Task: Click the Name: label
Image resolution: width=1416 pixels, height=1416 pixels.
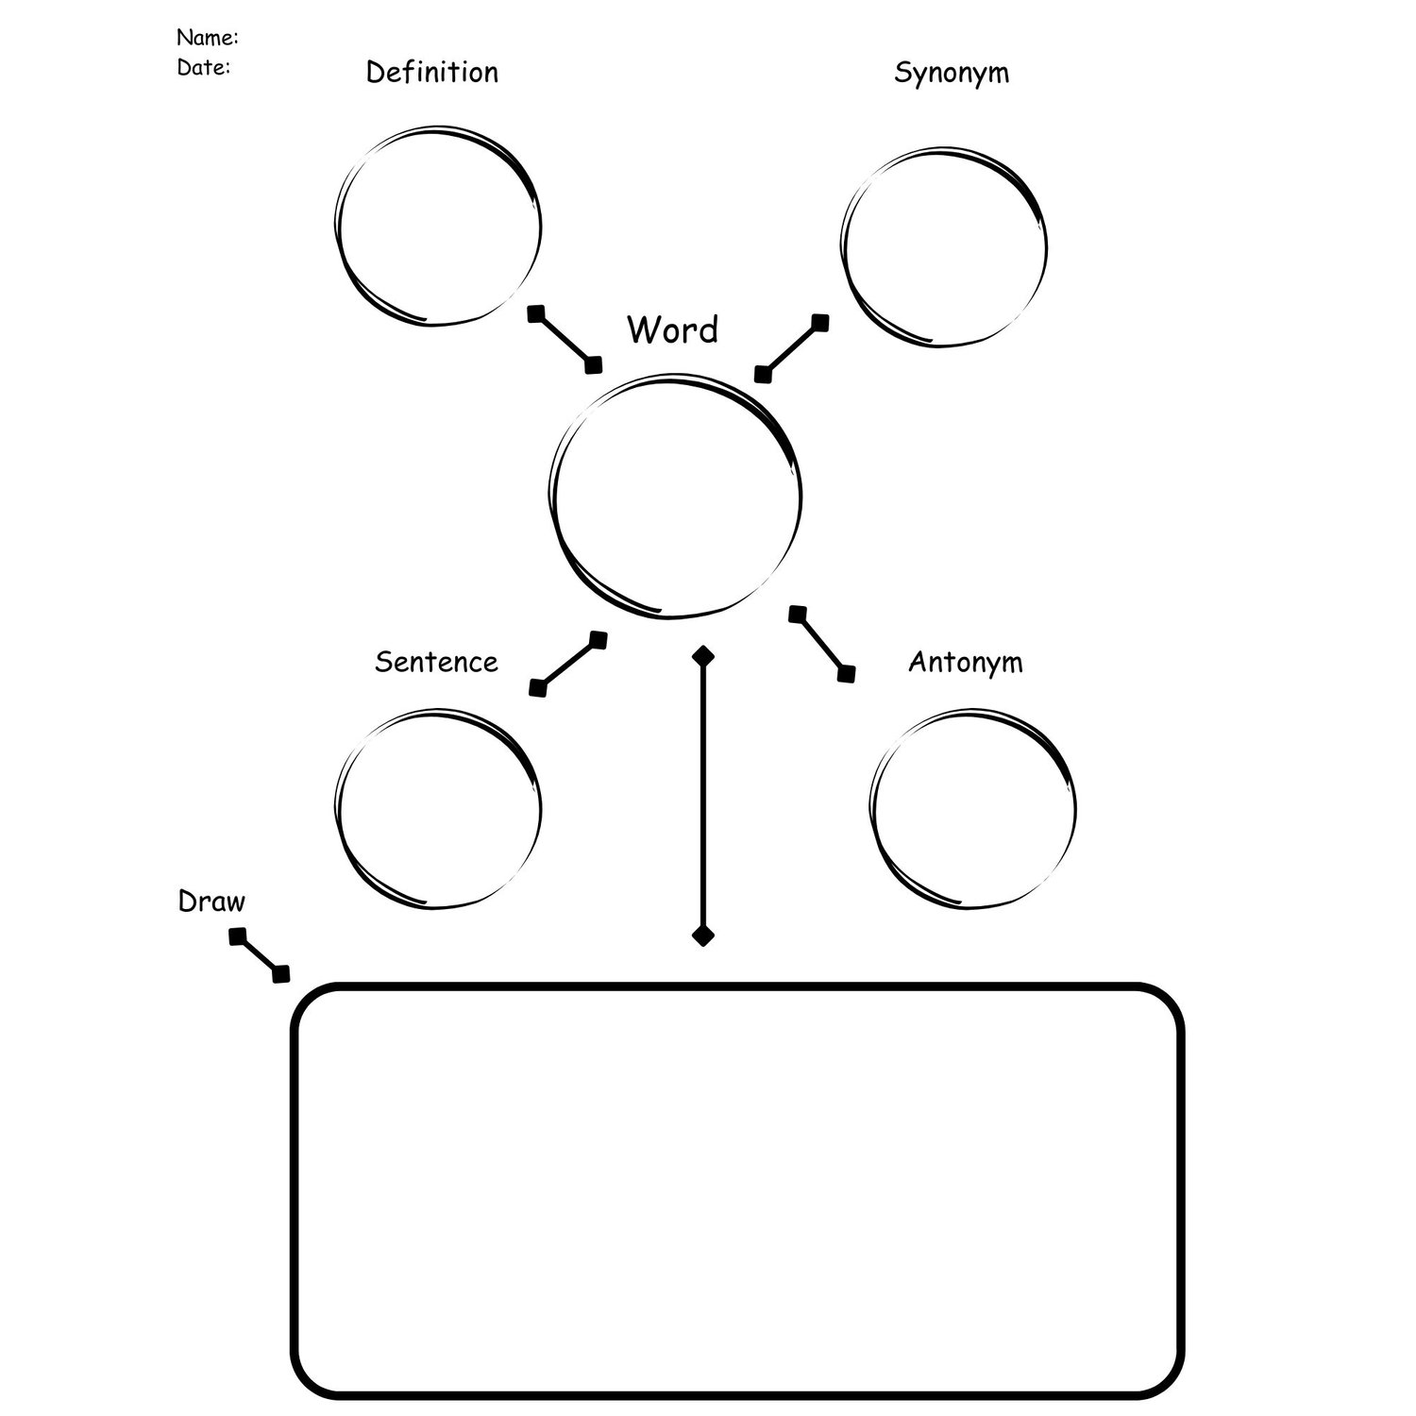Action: tap(207, 38)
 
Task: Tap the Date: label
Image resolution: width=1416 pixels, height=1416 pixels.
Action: tap(203, 68)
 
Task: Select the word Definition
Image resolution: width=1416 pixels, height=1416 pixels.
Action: tap(431, 73)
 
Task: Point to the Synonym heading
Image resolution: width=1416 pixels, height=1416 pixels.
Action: tap(951, 73)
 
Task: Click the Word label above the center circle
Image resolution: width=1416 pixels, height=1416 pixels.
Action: tap(672, 329)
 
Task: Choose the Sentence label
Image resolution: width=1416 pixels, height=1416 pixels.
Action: tap(435, 662)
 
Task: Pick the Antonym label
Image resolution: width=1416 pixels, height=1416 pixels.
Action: tap(965, 662)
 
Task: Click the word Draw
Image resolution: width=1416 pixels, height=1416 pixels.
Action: tap(211, 902)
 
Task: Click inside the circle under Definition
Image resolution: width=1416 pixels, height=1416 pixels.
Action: tap(438, 227)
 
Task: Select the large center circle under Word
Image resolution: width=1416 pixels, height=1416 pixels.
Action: tap(675, 497)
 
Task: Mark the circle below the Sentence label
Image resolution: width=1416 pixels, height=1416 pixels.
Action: tap(438, 808)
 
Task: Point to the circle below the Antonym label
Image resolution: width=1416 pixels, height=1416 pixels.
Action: tap(972, 808)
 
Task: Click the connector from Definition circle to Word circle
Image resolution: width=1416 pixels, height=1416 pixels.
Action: tap(565, 340)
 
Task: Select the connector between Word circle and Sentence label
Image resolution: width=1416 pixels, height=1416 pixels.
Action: tap(567, 664)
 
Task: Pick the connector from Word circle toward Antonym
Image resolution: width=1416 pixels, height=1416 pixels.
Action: tap(822, 644)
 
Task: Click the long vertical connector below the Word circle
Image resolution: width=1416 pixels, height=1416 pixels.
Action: tap(702, 795)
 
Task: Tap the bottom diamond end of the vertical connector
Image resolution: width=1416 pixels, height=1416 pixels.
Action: tap(702, 936)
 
